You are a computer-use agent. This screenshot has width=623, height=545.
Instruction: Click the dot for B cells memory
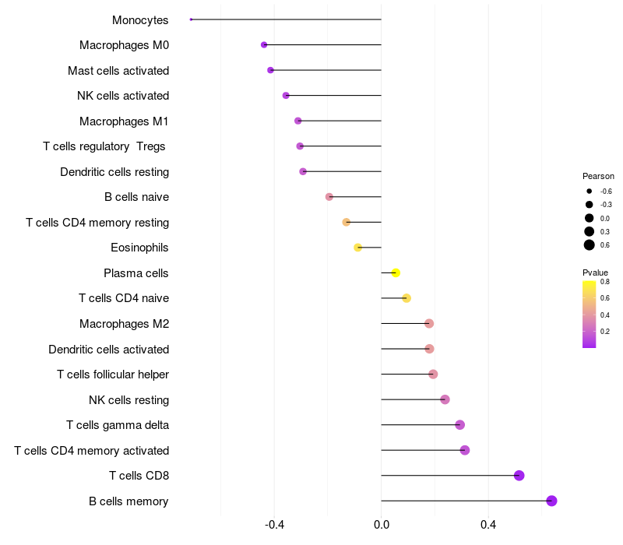pyautogui.click(x=551, y=501)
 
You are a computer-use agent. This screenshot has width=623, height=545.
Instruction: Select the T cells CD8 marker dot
pyautogui.click(x=519, y=476)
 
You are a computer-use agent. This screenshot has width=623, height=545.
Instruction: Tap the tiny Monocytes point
pyautogui.click(x=191, y=19)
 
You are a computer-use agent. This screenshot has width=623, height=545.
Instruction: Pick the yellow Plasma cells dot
pyautogui.click(x=396, y=273)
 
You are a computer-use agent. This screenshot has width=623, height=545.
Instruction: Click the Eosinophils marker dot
pyautogui.click(x=357, y=248)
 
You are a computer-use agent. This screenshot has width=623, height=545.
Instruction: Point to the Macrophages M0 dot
pyautogui.click(x=264, y=45)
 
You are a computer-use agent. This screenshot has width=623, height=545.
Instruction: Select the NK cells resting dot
pyautogui.click(x=445, y=399)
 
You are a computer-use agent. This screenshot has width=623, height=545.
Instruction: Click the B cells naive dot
pyautogui.click(x=329, y=197)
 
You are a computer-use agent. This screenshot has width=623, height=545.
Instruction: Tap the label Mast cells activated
pyautogui.click(x=118, y=71)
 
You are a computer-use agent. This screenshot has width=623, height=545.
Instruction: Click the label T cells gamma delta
pyautogui.click(x=118, y=425)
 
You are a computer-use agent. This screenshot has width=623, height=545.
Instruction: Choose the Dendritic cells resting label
pyautogui.click(x=114, y=172)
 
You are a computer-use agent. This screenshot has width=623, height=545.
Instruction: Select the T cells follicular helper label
pyautogui.click(x=113, y=374)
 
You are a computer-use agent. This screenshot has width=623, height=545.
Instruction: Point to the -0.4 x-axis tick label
pyautogui.click(x=274, y=525)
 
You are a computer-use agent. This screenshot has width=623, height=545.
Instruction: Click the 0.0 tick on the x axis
pyautogui.click(x=382, y=525)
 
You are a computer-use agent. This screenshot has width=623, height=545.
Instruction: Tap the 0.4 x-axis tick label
pyautogui.click(x=488, y=525)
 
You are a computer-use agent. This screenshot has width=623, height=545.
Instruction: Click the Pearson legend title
pyautogui.click(x=598, y=176)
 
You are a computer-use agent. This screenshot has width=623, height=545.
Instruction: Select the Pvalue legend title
pyautogui.click(x=595, y=272)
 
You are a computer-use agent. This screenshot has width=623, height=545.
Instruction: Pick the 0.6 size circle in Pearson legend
pyautogui.click(x=590, y=245)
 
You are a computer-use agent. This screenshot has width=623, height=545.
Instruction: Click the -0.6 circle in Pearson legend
pyautogui.click(x=590, y=191)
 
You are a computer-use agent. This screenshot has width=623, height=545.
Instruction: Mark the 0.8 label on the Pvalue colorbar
pyautogui.click(x=605, y=282)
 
